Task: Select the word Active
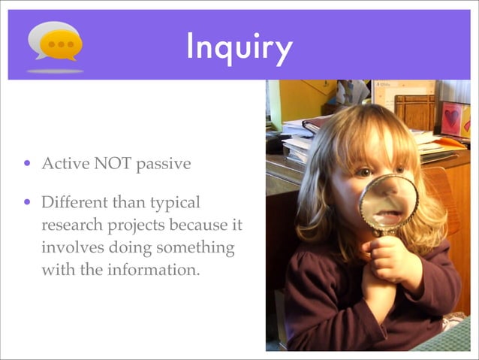pos(65,164)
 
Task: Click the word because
pos(194,225)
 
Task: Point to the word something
pos(196,248)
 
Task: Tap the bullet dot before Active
pos(28,164)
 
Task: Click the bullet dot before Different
pos(28,202)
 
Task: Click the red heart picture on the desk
pos(451,118)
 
